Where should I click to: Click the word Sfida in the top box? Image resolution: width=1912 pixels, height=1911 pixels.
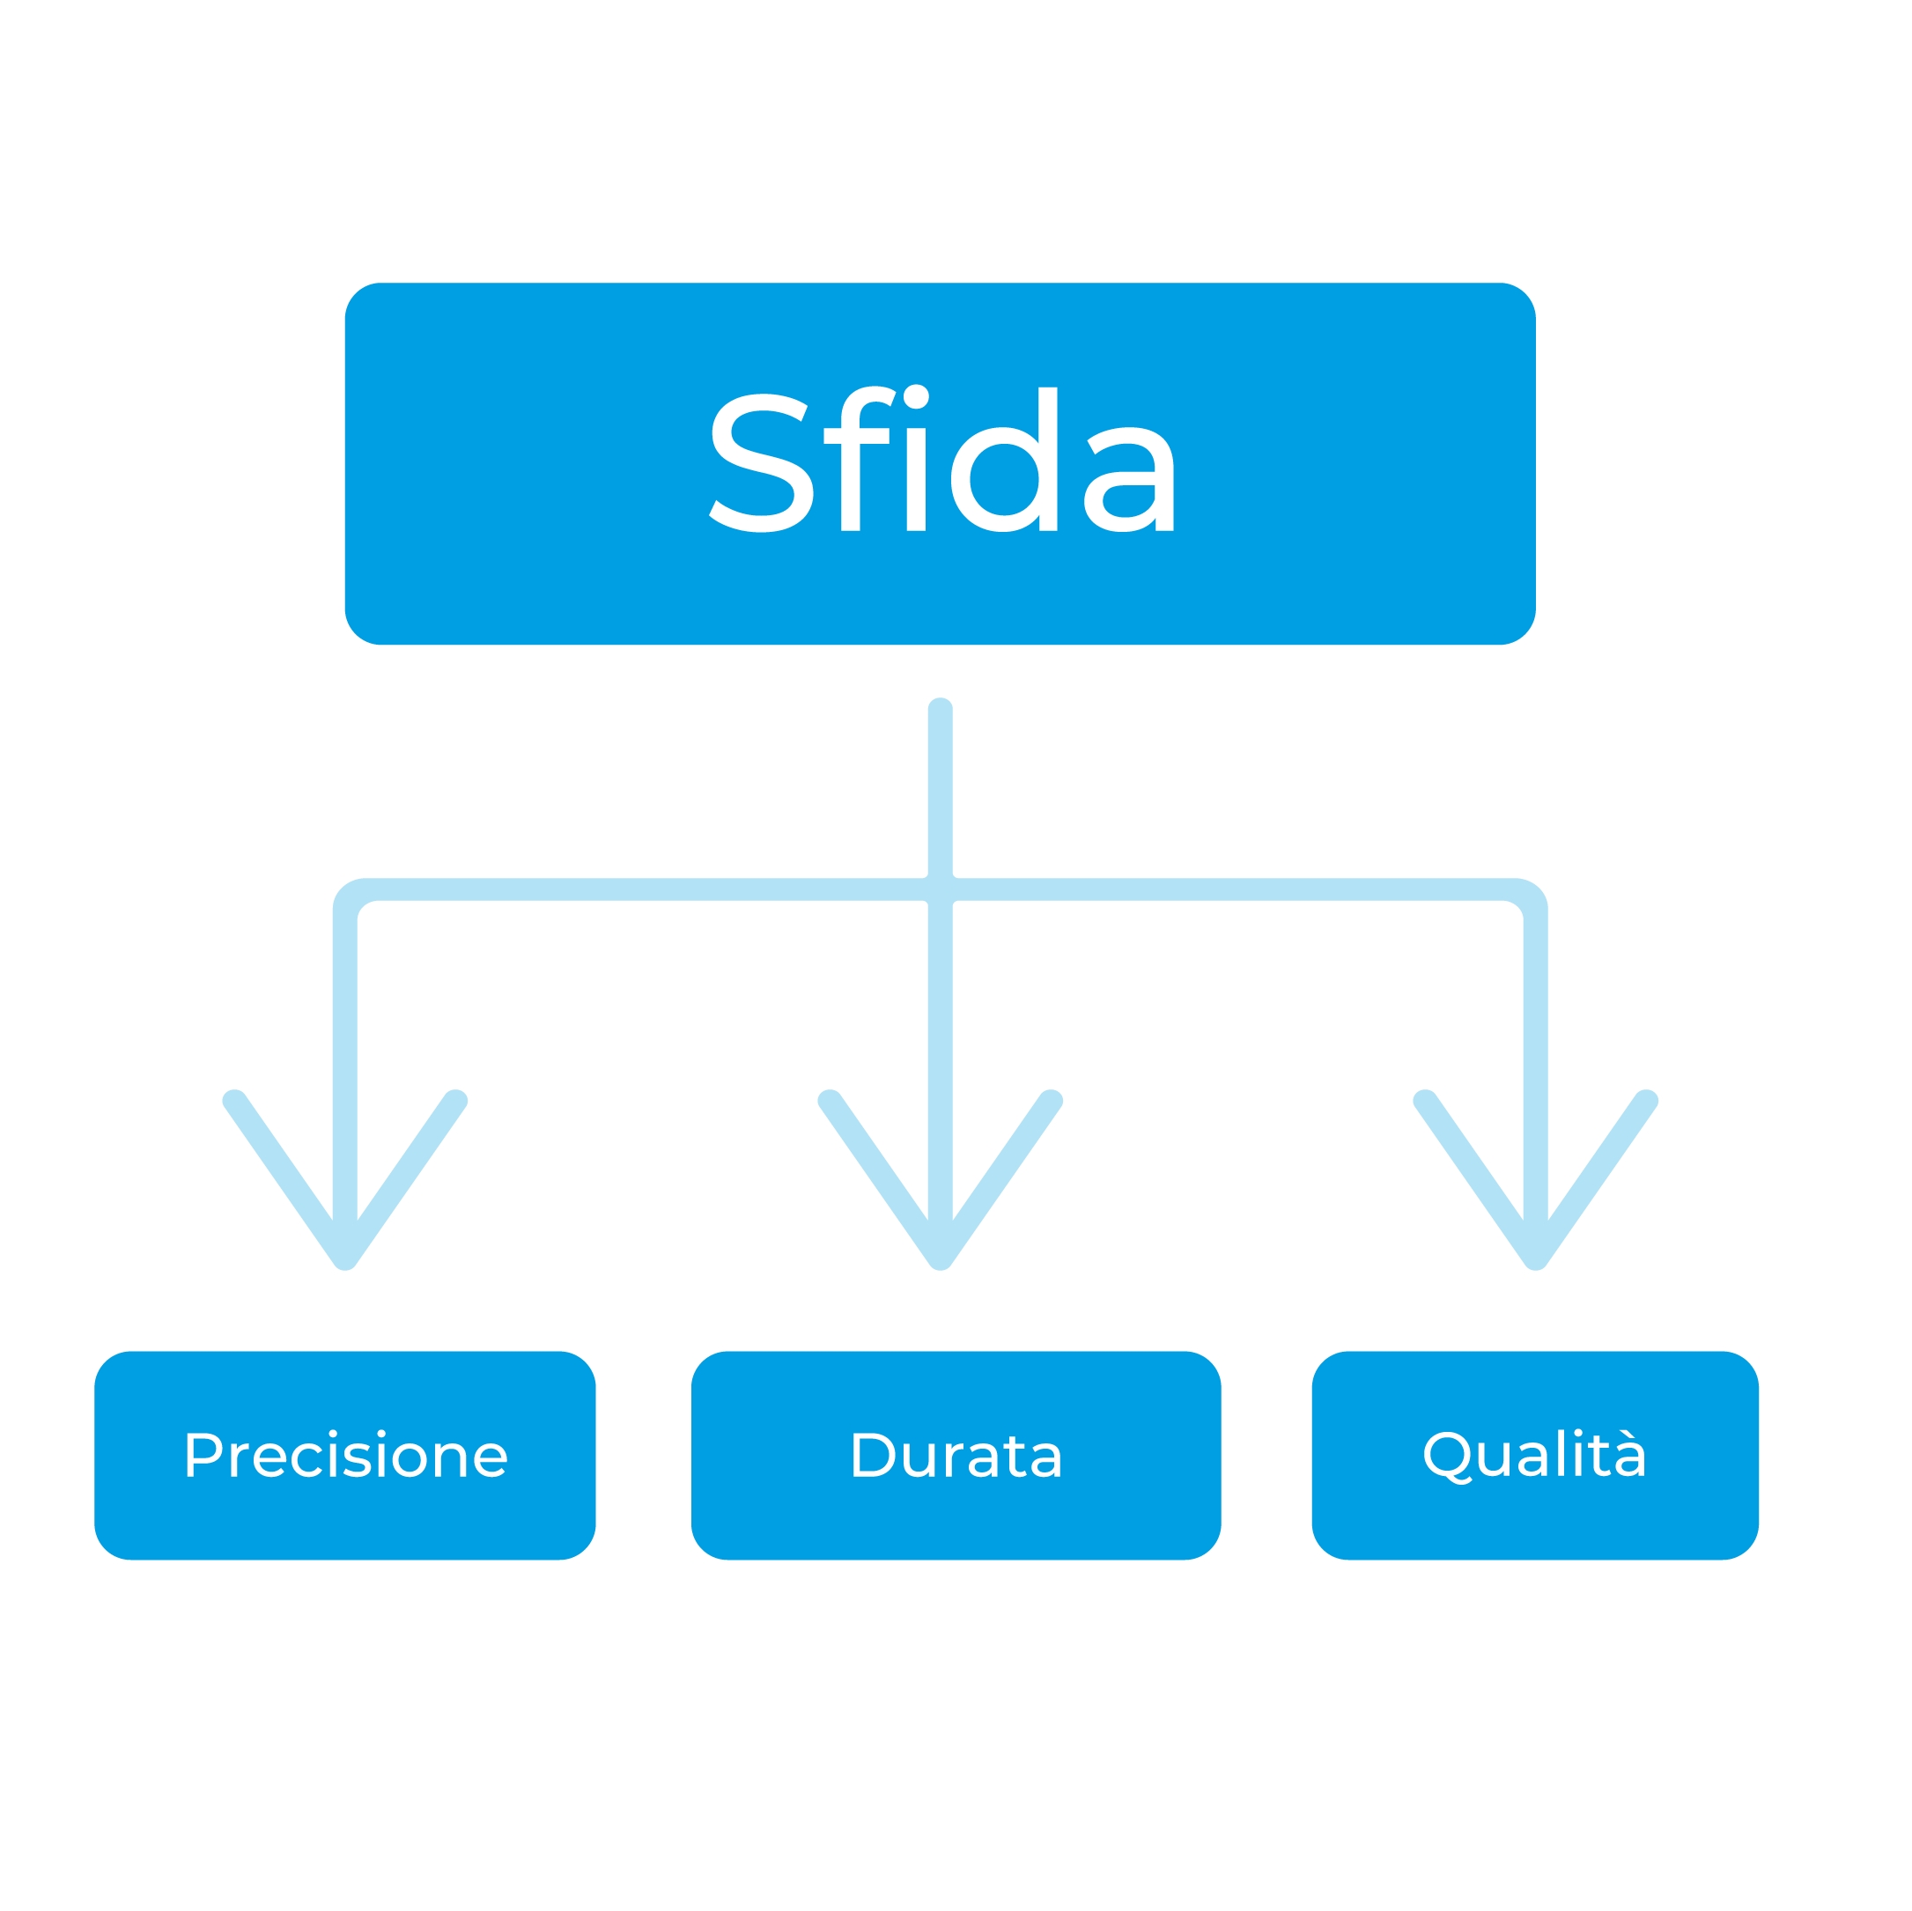tap(942, 461)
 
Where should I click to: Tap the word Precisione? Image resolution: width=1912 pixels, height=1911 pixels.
tap(345, 1456)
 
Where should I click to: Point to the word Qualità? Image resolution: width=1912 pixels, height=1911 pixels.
tap(1534, 1456)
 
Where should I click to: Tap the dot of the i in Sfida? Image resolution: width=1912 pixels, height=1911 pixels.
tap(917, 397)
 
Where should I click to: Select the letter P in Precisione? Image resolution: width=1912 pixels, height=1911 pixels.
tap(202, 1456)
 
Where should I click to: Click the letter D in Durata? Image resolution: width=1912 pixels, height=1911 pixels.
tap(872, 1456)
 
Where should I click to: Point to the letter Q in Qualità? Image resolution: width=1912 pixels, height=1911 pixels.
tap(1447, 1456)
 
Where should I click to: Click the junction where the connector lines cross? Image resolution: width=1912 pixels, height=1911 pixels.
tap(941, 889)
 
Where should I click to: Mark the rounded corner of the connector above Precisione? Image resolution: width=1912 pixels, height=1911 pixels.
tap(352, 896)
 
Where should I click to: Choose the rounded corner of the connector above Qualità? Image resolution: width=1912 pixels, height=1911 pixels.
tap(1528, 896)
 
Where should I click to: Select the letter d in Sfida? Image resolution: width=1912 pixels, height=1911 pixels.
tap(1007, 461)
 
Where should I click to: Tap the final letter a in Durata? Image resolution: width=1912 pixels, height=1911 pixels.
tap(1045, 1462)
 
